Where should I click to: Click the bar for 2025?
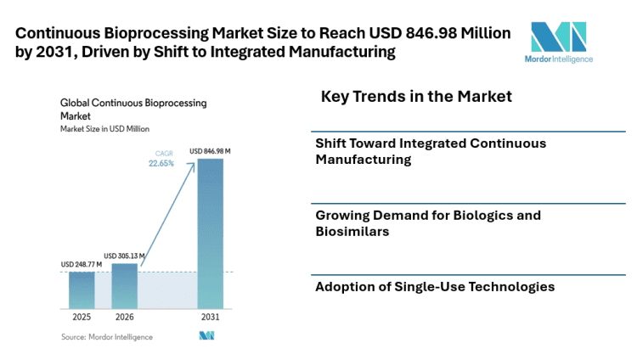82,290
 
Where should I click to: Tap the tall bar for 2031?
210,233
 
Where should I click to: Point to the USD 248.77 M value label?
82,265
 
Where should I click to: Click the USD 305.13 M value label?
124,256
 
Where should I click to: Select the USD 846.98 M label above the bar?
211,151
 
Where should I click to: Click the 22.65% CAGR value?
161,164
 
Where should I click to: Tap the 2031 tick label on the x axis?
210,317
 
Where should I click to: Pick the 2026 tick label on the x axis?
124,317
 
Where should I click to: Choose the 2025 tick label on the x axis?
82,317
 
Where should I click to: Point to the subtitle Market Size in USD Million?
104,129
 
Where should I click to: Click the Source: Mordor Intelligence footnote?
107,337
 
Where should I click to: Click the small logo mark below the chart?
206,336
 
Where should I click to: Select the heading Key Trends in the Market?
416,97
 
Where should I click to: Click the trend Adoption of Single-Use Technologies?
435,287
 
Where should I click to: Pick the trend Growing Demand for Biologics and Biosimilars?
428,223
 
